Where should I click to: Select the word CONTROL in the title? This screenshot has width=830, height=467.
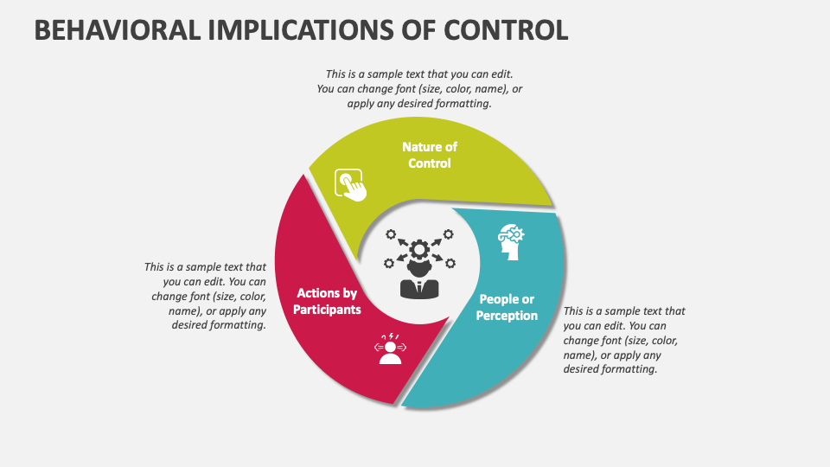pyautogui.click(x=507, y=29)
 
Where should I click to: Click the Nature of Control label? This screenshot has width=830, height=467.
pyautogui.click(x=430, y=155)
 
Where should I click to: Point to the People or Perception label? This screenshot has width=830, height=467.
pyautogui.click(x=507, y=307)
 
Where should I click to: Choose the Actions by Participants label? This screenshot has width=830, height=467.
pyautogui.click(x=327, y=301)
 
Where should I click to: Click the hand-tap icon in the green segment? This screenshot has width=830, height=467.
pyautogui.click(x=350, y=184)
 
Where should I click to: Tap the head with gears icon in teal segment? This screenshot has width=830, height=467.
pyautogui.click(x=510, y=243)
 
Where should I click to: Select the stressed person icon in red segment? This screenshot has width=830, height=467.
pyautogui.click(x=390, y=348)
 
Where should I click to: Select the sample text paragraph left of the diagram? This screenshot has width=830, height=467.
pyautogui.click(x=206, y=297)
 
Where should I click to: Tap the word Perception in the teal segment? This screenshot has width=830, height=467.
pyautogui.click(x=507, y=316)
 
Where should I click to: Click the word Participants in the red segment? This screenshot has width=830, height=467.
pyautogui.click(x=327, y=309)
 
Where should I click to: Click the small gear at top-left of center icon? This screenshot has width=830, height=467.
pyautogui.click(x=391, y=233)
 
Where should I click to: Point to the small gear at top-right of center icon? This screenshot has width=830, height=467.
pyautogui.click(x=449, y=233)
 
